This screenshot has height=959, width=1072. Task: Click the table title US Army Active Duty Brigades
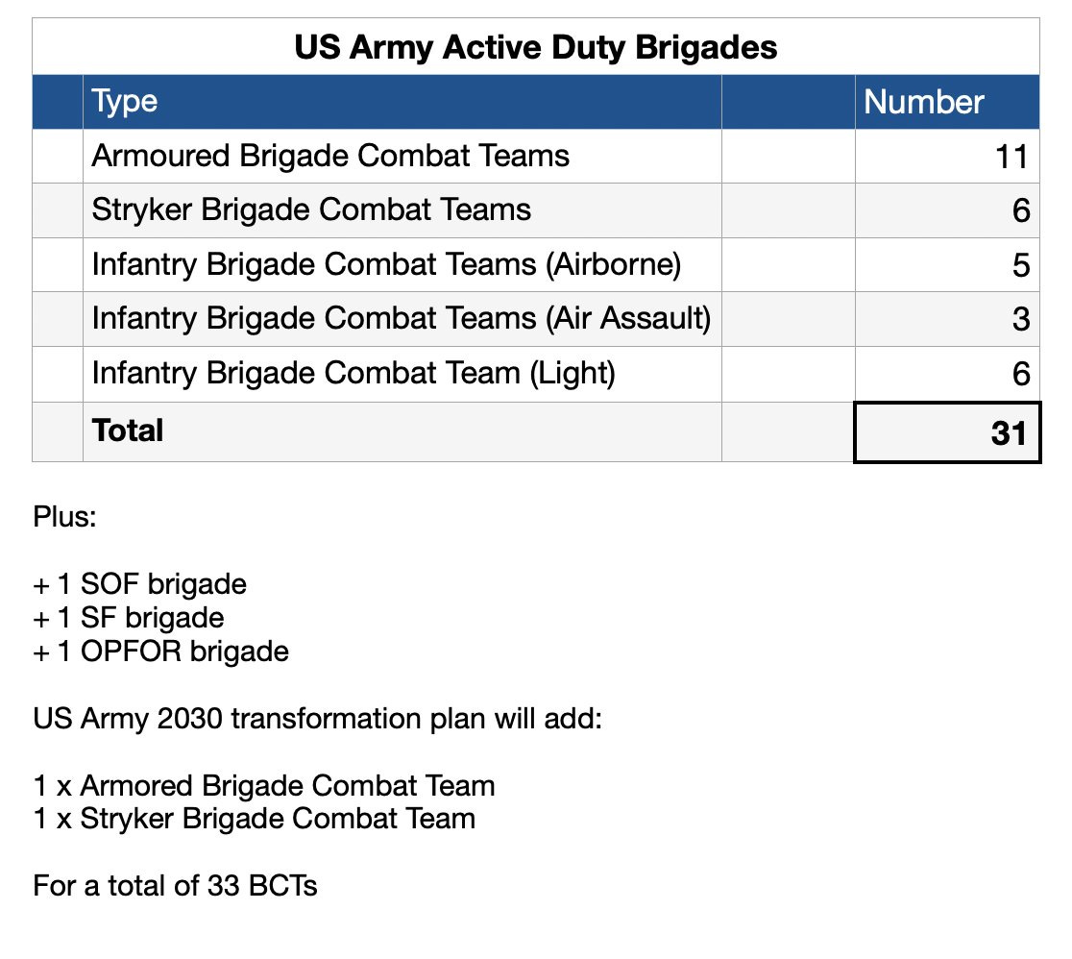535,47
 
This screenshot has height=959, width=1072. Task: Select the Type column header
125,102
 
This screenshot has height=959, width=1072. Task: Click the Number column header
924,102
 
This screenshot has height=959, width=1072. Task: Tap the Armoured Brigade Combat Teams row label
330,156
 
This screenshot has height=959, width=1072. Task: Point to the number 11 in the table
1012,157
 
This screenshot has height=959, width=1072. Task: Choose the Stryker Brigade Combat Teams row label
311,210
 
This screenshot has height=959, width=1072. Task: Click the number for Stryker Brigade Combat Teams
1021,211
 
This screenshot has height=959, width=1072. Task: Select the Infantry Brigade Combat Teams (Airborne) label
386,265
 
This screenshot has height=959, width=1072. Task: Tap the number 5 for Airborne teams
1021,266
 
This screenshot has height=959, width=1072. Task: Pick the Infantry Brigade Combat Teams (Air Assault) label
401,319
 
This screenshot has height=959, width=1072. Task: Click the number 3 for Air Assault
1021,320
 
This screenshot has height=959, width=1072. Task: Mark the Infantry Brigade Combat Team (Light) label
353,374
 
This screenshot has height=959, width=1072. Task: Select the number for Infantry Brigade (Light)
1021,375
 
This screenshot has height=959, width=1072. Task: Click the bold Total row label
128,430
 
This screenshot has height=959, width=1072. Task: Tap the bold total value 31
1010,433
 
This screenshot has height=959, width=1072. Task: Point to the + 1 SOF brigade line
140,584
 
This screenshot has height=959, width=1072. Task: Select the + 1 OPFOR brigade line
160,652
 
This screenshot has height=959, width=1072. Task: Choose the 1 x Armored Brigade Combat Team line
264,786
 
